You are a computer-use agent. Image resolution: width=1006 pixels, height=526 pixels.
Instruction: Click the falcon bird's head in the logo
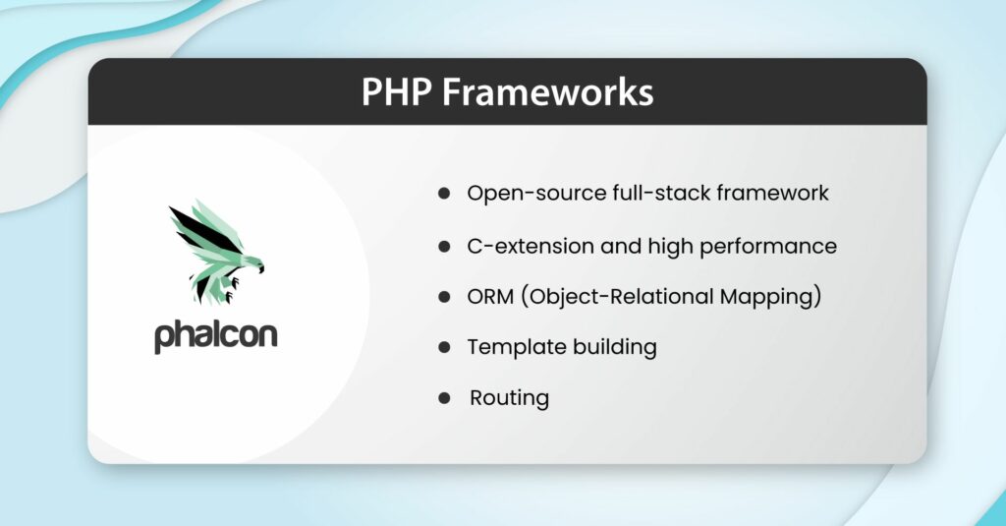(252, 263)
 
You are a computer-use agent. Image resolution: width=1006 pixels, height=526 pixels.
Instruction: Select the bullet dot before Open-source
(444, 194)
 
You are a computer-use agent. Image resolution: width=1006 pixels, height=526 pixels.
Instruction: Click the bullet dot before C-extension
(444, 246)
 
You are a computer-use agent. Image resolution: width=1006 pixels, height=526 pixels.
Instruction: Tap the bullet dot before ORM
(444, 297)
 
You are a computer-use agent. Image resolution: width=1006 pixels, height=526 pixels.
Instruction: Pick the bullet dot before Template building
(444, 347)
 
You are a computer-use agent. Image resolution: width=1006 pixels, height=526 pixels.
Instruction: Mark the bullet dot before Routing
(444, 398)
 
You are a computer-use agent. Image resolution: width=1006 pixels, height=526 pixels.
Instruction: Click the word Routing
(509, 398)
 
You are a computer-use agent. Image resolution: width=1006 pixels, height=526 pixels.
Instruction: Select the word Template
(510, 347)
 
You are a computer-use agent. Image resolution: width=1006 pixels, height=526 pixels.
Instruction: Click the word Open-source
(524, 194)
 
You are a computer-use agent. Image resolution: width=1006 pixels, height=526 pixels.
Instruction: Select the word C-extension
(525, 246)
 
